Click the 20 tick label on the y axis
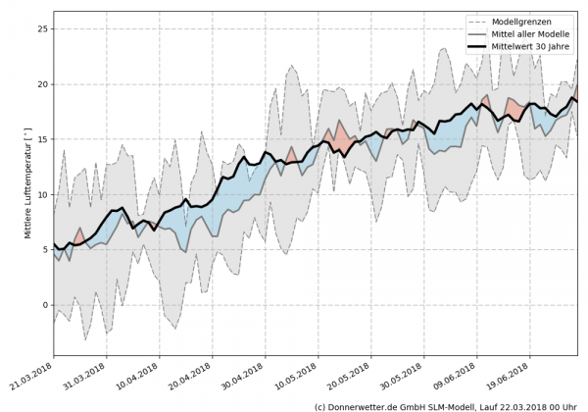coord(40,84)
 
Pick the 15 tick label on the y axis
coord(40,139)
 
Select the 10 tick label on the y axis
coord(40,194)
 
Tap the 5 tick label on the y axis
coord(43,249)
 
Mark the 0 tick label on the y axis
coord(43,305)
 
